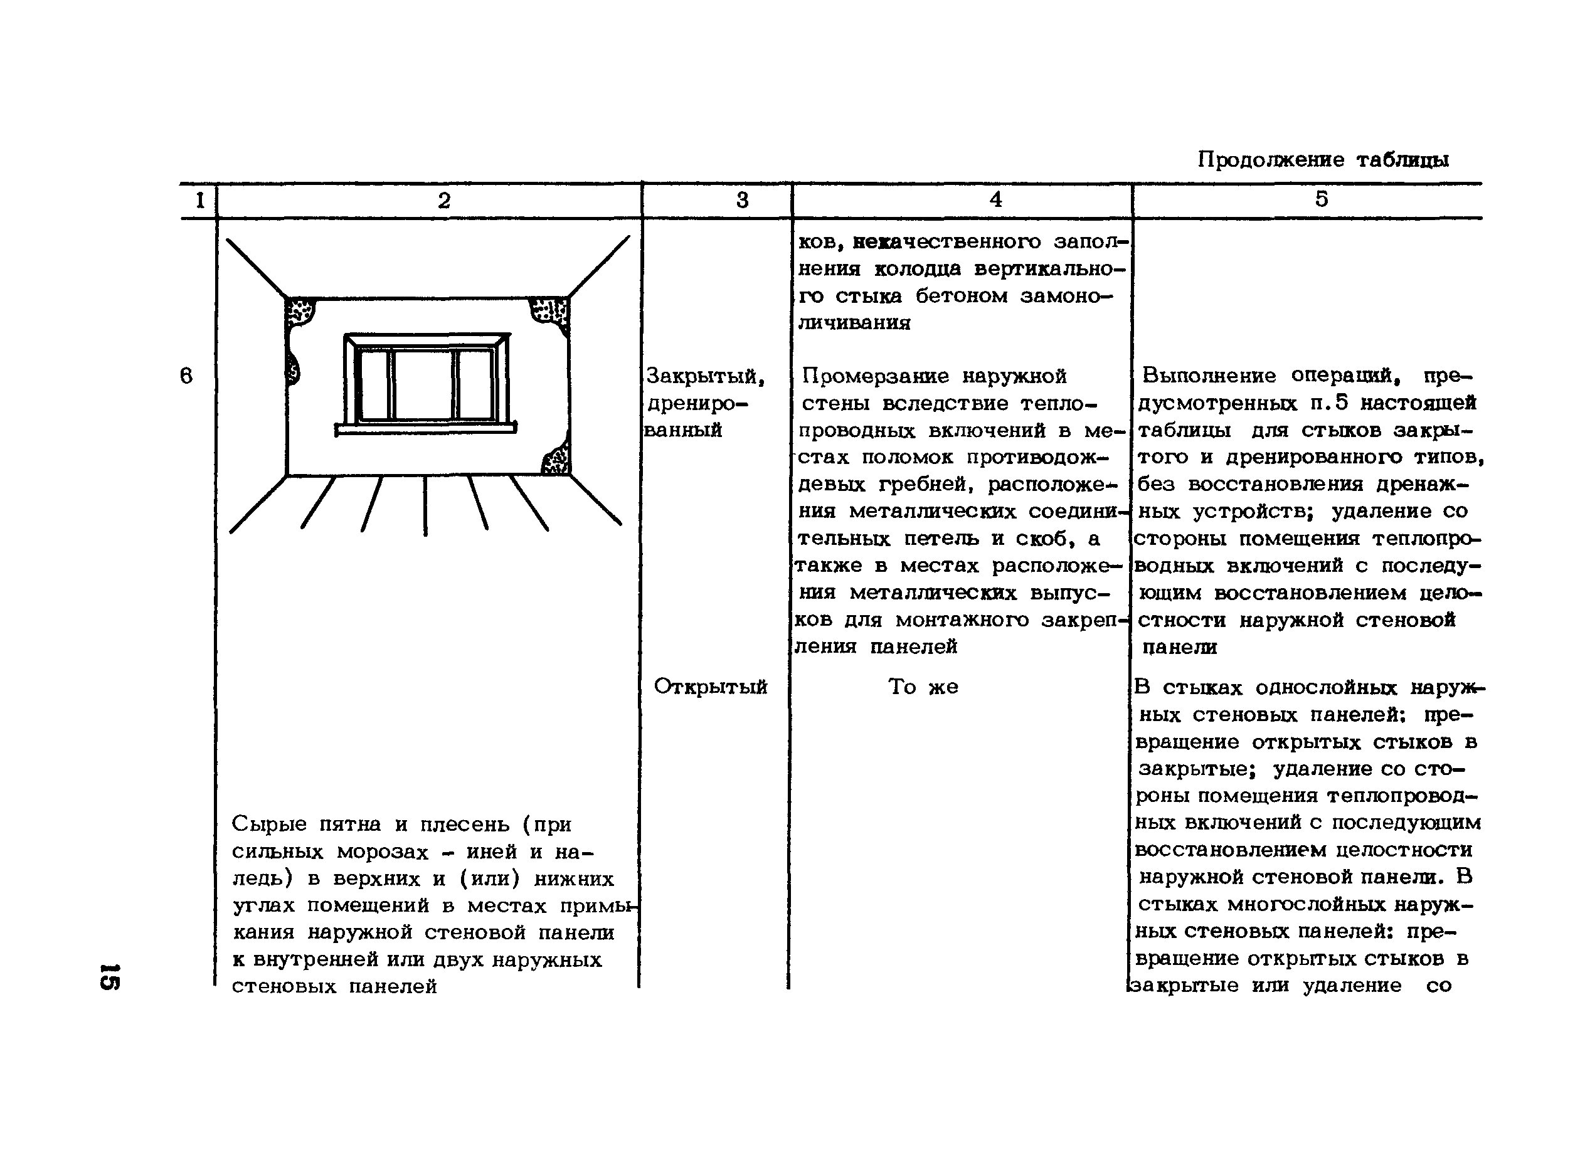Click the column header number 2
point(443,201)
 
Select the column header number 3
point(742,201)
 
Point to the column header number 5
point(1321,199)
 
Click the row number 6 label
point(186,376)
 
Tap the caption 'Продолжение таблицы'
point(1323,160)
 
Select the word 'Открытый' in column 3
point(710,687)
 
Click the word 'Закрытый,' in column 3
point(706,376)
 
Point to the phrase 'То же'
point(923,687)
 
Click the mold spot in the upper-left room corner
point(300,312)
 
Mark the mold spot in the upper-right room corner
point(551,312)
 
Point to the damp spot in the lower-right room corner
point(556,460)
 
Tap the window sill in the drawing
point(425,428)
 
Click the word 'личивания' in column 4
point(854,324)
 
